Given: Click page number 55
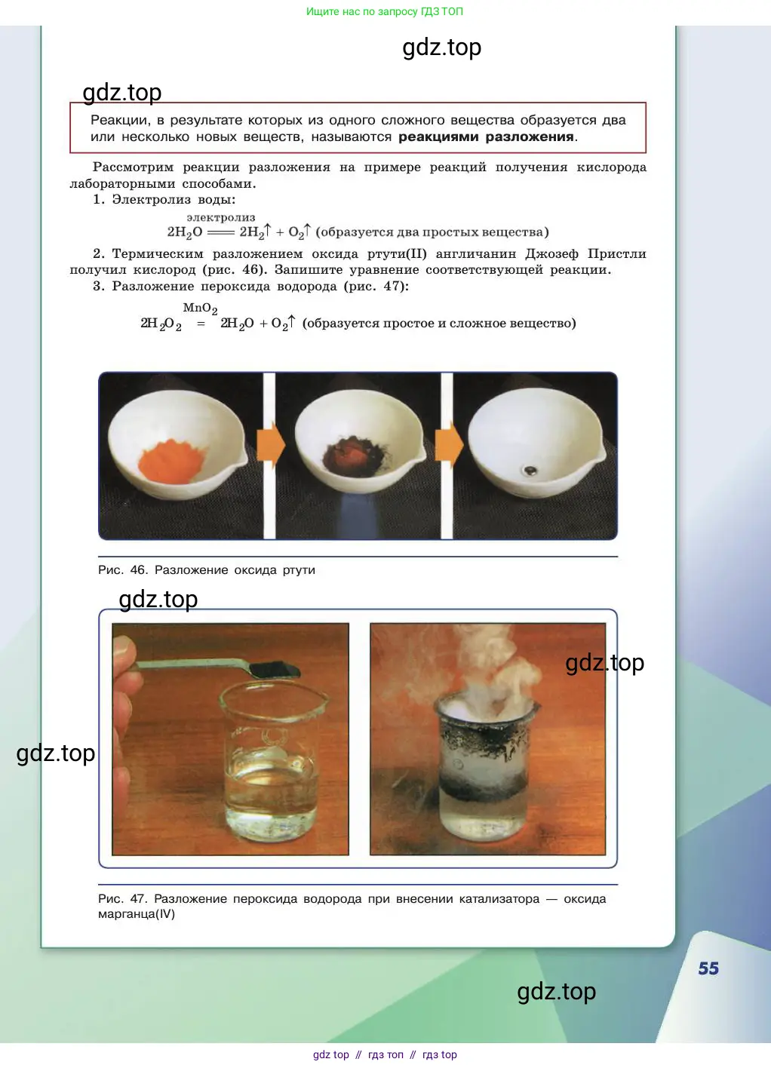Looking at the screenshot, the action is point(708,968).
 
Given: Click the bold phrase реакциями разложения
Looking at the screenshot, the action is point(486,137).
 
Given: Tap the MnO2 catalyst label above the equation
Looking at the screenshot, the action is point(200,308).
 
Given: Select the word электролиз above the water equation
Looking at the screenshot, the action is point(221,217).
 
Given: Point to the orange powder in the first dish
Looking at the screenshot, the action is point(170,461).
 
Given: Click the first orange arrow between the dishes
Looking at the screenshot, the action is point(271,445).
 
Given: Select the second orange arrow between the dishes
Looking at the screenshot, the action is point(449,445).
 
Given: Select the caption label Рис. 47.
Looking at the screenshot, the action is point(123,899).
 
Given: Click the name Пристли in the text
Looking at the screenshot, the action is point(616,253).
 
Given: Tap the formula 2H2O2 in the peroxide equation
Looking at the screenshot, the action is point(161,324).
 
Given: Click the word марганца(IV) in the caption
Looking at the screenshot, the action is point(137,914).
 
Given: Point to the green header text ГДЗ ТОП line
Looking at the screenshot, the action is point(384,11).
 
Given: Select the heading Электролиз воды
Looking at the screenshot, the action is point(174,199).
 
